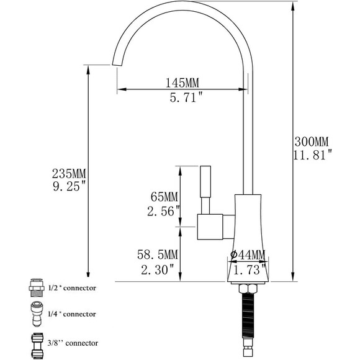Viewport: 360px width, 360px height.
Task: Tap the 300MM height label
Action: (313, 140)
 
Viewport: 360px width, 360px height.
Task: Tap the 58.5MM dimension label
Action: (158, 254)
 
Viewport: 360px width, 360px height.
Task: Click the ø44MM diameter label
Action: (248, 255)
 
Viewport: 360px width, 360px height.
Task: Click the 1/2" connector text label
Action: (73, 288)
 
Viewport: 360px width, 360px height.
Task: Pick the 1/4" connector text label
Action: (73, 314)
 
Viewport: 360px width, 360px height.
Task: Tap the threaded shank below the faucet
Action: (248, 317)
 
